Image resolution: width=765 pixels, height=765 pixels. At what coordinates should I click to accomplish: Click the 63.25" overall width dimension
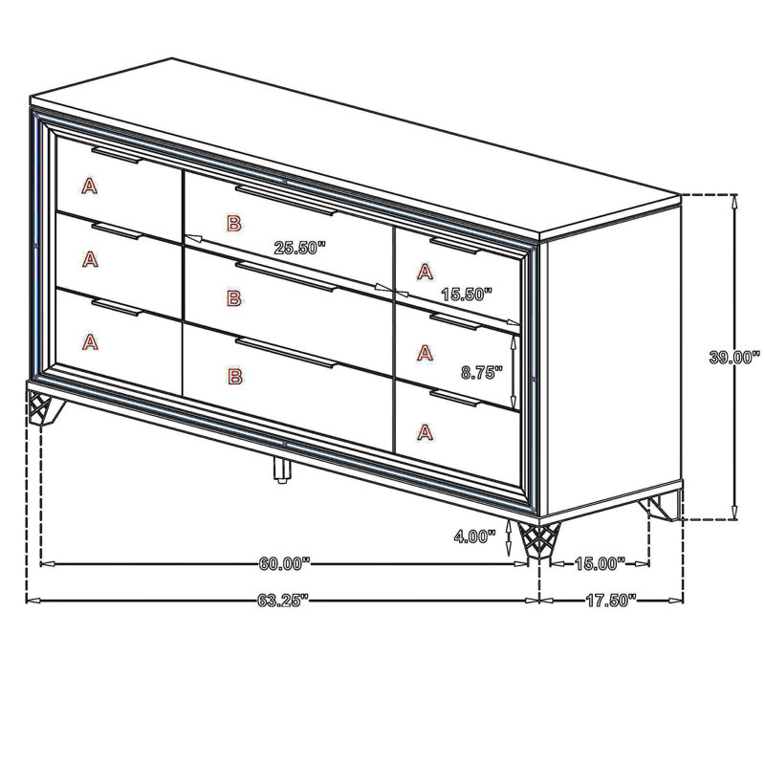[x=283, y=601]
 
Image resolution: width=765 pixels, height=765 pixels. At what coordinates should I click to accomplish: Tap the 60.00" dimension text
[x=284, y=563]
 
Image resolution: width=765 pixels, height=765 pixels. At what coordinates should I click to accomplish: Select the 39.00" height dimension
[x=734, y=357]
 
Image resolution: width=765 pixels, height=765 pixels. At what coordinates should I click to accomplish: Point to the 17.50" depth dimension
[x=611, y=601]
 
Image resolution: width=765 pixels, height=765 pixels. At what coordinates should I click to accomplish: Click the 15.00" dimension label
[x=600, y=563]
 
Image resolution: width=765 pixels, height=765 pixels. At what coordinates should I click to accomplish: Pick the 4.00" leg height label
[x=474, y=536]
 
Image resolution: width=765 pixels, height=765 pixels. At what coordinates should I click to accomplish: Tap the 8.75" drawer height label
[x=482, y=373]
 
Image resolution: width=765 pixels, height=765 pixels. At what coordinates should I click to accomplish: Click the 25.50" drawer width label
[x=299, y=248]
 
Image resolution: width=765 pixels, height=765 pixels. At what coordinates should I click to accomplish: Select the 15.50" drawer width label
[x=467, y=294]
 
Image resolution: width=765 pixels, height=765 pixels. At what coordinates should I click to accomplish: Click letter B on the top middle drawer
[x=234, y=224]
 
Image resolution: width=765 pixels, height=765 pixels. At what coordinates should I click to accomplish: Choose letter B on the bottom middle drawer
[x=234, y=376]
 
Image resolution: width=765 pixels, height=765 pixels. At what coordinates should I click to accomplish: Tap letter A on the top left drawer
[x=89, y=186]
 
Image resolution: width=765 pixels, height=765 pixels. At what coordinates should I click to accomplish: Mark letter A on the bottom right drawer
[x=425, y=432]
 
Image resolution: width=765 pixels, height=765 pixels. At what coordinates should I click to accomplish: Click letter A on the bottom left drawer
[x=90, y=342]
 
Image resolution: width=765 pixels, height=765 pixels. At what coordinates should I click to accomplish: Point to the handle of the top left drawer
[x=116, y=155]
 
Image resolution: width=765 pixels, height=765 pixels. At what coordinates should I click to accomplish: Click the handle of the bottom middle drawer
[x=286, y=352]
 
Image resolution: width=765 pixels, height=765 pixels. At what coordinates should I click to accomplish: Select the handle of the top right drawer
[x=455, y=246]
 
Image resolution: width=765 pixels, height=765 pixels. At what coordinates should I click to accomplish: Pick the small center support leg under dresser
[x=281, y=470]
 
